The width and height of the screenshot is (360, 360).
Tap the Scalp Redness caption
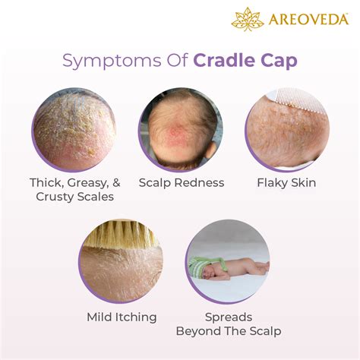pyautogui.click(x=181, y=182)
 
